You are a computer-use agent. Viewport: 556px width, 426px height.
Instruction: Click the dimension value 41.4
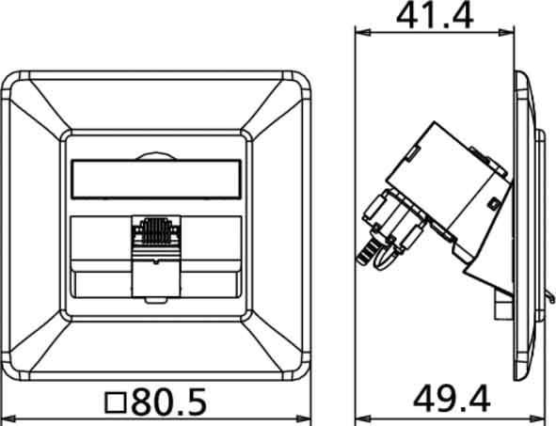435,15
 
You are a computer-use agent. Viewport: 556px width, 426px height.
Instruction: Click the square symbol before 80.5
117,403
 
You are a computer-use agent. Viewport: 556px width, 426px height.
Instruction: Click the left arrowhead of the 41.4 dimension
360,34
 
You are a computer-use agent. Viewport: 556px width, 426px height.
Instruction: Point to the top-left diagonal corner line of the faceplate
38,109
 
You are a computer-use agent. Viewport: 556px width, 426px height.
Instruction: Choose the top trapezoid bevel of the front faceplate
156,103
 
